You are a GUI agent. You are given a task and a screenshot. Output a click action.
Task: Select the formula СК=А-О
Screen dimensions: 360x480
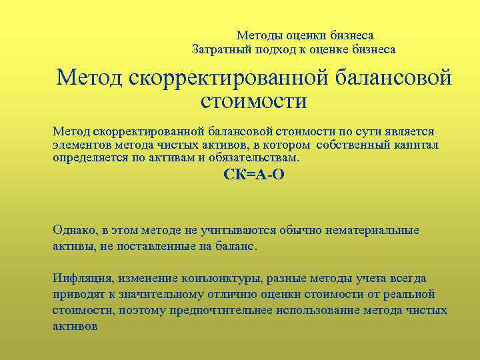click(x=253, y=175)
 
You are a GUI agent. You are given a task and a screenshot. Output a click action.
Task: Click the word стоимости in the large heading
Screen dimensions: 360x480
click(x=253, y=102)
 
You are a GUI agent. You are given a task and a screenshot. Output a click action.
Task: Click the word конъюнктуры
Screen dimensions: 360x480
click(x=213, y=279)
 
